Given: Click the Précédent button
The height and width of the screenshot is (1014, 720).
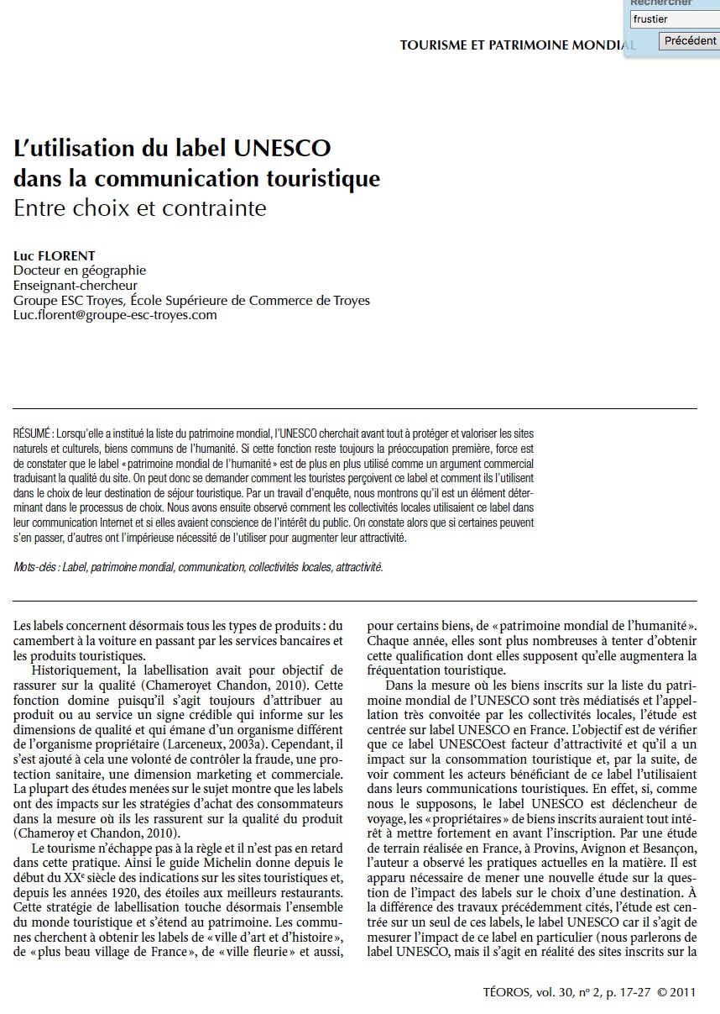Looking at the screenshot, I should point(689,40).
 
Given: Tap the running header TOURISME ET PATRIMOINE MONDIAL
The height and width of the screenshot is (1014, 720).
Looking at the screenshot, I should point(516,45).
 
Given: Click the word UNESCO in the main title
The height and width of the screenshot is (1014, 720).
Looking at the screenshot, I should point(282,149).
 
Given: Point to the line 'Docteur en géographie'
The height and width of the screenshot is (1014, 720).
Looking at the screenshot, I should point(80,271).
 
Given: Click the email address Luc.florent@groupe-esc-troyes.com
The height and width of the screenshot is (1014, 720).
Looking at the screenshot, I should point(115,315).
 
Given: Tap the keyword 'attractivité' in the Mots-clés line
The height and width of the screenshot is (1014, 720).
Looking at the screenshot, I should point(358,567).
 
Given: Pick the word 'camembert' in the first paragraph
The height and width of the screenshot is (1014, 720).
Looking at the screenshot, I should point(43,640).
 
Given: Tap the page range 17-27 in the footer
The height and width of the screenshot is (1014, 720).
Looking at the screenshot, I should point(632,991).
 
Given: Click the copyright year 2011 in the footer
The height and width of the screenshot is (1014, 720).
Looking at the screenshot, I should point(683,991).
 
